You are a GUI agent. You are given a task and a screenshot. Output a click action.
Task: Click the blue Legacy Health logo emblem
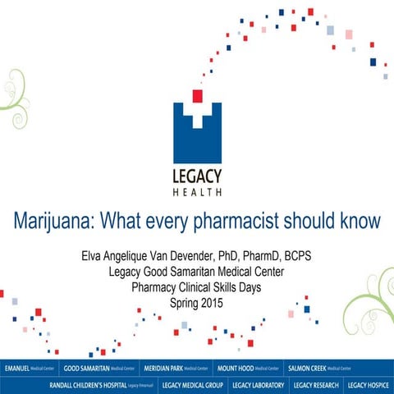pyautogui.click(x=196, y=131)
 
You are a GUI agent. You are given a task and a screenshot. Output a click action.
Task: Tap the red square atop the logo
pyautogui.click(x=197, y=96)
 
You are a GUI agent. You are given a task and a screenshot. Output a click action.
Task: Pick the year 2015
pyautogui.click(x=209, y=301)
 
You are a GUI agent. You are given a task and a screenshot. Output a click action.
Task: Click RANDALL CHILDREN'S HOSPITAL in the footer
pyautogui.click(x=102, y=384)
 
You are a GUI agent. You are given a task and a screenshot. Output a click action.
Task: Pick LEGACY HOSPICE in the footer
pyautogui.click(x=369, y=384)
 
